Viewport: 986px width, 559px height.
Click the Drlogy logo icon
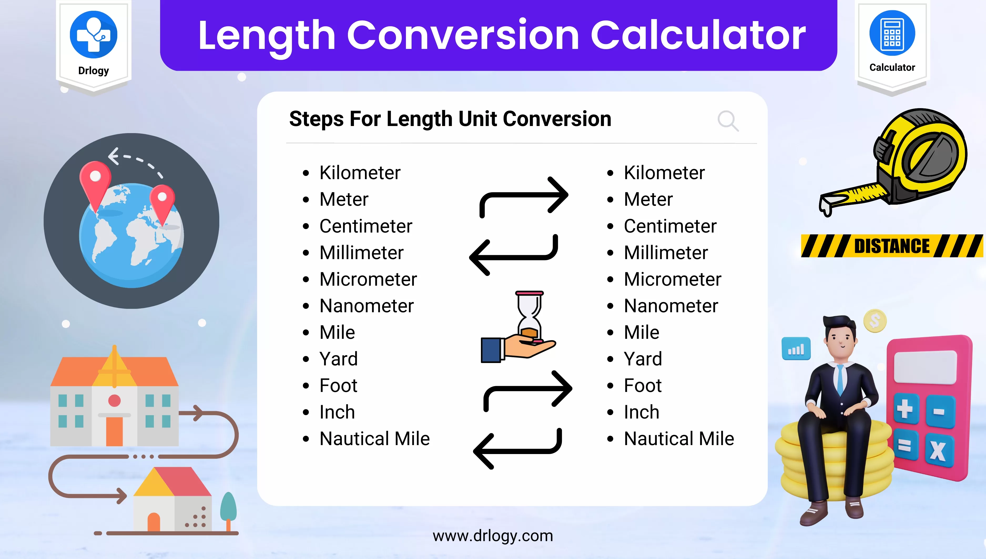94,34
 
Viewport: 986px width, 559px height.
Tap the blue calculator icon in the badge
892,33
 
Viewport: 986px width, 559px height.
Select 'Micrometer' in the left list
368,279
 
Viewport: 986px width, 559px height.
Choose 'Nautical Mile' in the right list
679,439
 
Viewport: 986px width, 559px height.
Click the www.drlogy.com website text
493,536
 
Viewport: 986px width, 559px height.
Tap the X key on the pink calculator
938,451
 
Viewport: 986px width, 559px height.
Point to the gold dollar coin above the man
875,321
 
